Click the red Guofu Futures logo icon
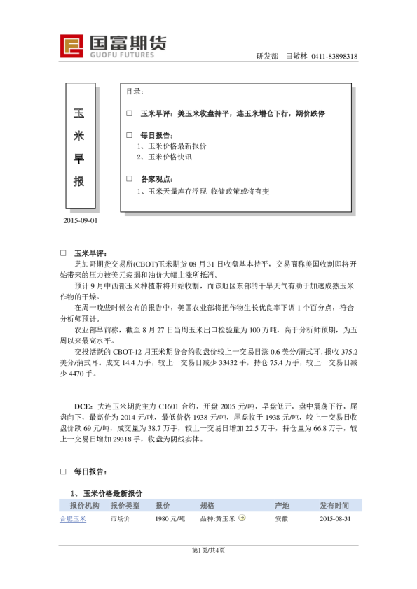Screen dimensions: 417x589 (71, 46)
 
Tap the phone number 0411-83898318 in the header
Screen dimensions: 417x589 (335, 57)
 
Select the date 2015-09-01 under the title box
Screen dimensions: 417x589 (81, 221)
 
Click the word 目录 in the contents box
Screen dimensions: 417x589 (135, 92)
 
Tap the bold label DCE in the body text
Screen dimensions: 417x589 (84, 406)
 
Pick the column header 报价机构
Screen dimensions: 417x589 (84, 505)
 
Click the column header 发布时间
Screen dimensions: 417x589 (334, 505)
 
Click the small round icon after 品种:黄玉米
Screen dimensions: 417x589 (242, 518)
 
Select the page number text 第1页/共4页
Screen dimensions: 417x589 (209, 550)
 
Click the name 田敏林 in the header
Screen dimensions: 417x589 (297, 57)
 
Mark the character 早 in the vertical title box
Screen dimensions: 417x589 (79, 159)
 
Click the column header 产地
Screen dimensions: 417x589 (282, 505)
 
